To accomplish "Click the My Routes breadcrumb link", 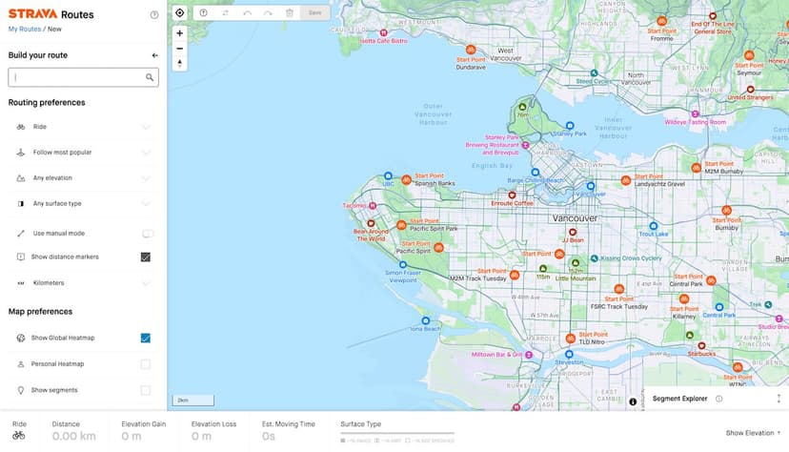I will pyautogui.click(x=24, y=30).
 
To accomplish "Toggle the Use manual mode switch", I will pyautogui.click(x=148, y=233).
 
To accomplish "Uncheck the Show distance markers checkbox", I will pyautogui.click(x=146, y=257).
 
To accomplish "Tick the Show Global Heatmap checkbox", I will pyautogui.click(x=146, y=338).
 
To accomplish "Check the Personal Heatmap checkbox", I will pyautogui.click(x=146, y=364).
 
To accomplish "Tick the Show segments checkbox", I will pyautogui.click(x=146, y=390).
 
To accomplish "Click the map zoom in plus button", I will pyautogui.click(x=179, y=32).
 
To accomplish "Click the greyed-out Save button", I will pyautogui.click(x=315, y=12).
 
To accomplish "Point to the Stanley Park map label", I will pyautogui.click(x=569, y=134).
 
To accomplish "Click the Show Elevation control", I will pyautogui.click(x=753, y=432).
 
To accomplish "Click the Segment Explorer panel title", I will pyautogui.click(x=679, y=399).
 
